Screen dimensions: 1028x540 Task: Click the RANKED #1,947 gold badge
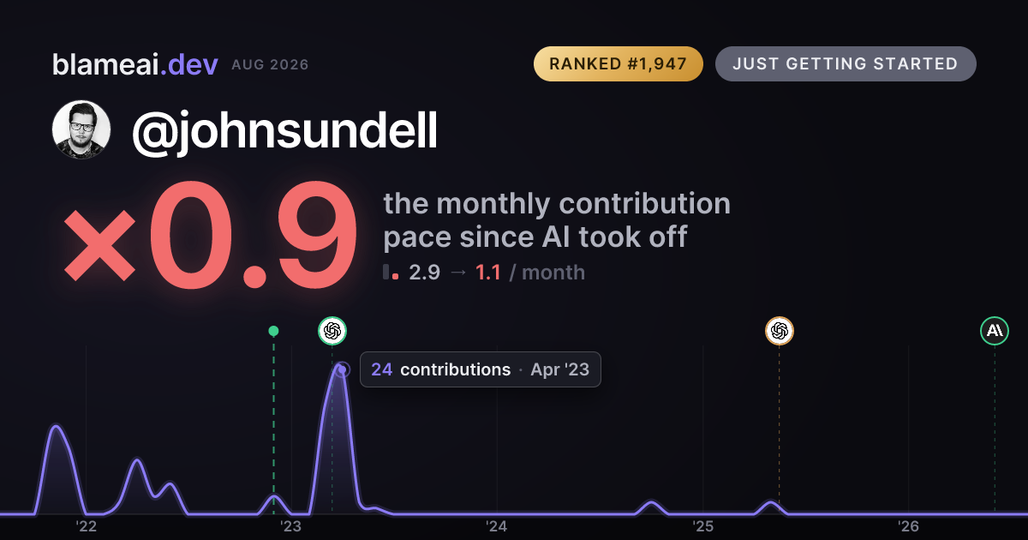click(619, 63)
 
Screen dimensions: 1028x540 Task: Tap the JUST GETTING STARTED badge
click(846, 63)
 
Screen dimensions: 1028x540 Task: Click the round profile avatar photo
click(81, 129)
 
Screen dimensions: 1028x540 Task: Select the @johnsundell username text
click(284, 131)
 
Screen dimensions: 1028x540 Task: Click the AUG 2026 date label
click(270, 65)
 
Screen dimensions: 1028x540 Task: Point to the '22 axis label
click(86, 526)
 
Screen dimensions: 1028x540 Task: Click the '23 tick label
click(291, 526)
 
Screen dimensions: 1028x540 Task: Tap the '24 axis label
click(497, 526)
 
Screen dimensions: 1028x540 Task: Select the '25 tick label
click(702, 526)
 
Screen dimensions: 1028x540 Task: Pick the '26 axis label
click(908, 526)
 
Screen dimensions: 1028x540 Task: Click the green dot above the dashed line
click(273, 331)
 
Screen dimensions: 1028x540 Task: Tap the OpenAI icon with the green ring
click(332, 331)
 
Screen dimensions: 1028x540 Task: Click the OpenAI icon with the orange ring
click(780, 331)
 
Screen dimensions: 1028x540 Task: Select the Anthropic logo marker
click(995, 331)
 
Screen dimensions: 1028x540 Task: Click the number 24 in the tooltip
click(381, 369)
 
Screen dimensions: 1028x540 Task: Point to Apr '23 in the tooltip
click(560, 369)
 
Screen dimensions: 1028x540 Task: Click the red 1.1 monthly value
click(487, 273)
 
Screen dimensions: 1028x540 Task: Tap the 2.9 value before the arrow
click(425, 273)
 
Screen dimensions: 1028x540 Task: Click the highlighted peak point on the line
click(342, 369)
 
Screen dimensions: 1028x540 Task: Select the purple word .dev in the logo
click(189, 65)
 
